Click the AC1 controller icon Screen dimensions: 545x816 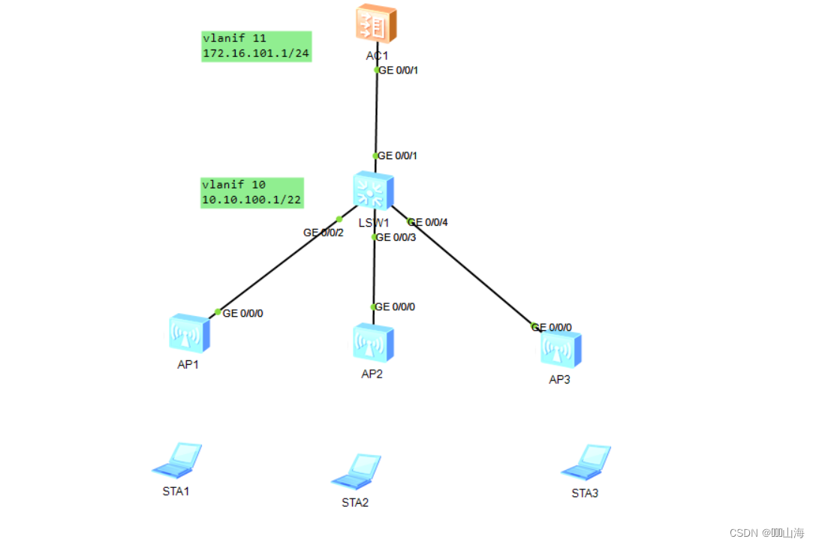point(376,23)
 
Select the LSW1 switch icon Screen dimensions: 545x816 point(372,191)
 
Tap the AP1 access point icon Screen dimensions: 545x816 point(188,333)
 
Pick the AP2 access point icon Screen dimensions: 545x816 point(373,343)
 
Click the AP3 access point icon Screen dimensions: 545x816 point(561,348)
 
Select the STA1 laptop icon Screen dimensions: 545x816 point(178,460)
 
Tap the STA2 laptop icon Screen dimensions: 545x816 point(356,471)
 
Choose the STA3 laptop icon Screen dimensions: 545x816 point(586,462)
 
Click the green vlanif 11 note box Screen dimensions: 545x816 point(257,47)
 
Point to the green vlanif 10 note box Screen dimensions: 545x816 point(252,192)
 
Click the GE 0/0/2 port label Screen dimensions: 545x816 point(323,233)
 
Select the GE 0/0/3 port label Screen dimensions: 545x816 point(396,238)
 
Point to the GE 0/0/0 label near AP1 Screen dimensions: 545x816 point(242,313)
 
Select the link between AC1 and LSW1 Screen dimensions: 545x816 point(376,113)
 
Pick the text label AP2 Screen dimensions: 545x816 point(372,375)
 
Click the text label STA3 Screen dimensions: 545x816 point(585,493)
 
